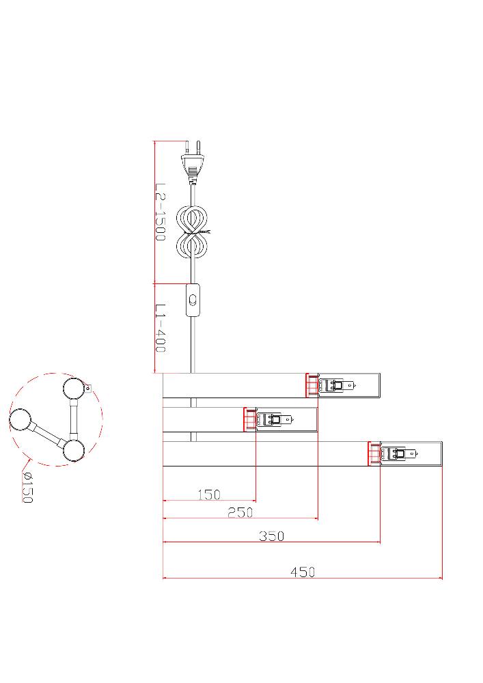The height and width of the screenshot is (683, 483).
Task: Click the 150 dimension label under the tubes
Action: click(210, 494)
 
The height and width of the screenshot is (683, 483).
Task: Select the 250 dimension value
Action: click(240, 513)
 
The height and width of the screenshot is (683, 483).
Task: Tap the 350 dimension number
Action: click(272, 535)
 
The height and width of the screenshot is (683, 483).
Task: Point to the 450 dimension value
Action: click(303, 572)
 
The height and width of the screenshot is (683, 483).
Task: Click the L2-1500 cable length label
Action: click(161, 212)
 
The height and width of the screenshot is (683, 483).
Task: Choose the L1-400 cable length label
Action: click(161, 328)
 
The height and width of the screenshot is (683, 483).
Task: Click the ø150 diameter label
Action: click(27, 488)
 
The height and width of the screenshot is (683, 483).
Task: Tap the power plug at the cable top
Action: click(192, 162)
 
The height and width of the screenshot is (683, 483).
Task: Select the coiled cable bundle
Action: click(192, 232)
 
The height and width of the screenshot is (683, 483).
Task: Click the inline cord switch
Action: click(193, 300)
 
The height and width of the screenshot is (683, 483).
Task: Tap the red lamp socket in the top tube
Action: click(312, 385)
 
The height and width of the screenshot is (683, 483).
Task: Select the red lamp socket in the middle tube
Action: click(250, 420)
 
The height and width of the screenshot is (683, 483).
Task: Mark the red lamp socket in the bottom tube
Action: click(374, 454)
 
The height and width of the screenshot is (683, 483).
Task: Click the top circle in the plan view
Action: click(74, 389)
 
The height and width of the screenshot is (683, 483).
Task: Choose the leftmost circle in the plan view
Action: click(20, 420)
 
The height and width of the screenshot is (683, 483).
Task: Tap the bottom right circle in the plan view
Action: click(74, 450)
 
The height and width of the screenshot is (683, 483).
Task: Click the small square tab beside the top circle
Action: click(88, 387)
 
